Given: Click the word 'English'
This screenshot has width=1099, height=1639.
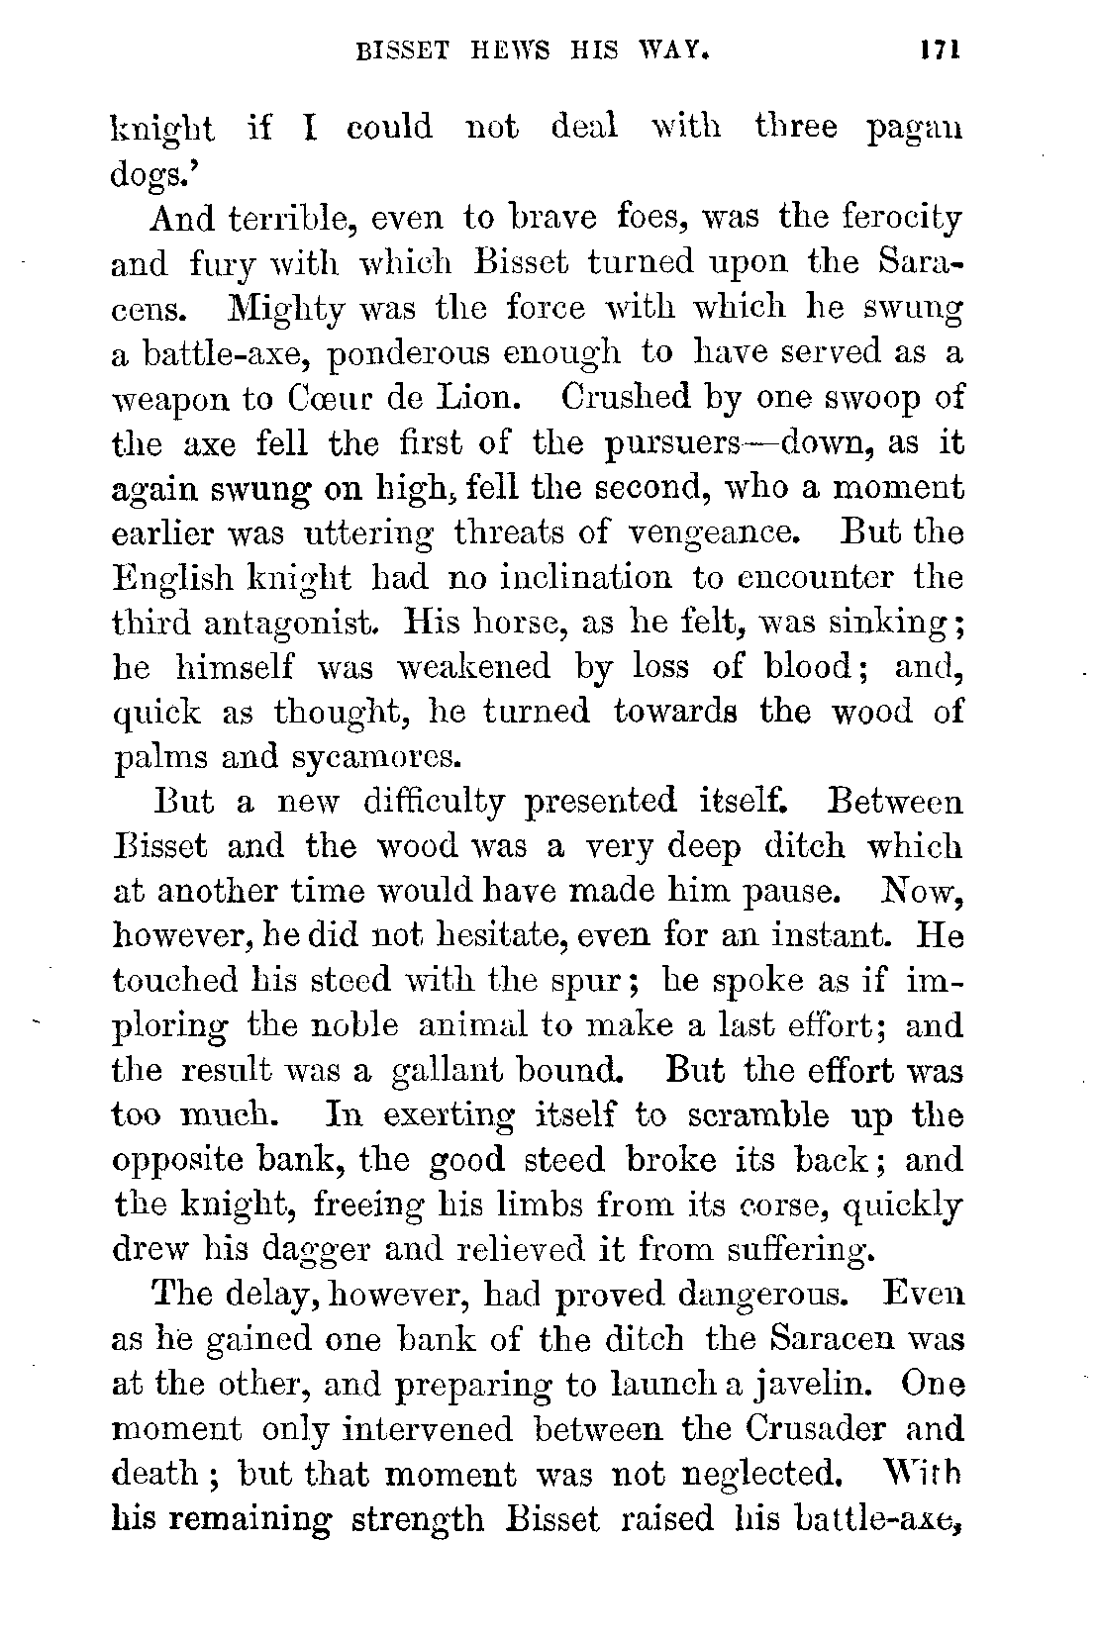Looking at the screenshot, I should click(x=173, y=578).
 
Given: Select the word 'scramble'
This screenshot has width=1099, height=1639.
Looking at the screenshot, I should click(x=751, y=1115).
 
